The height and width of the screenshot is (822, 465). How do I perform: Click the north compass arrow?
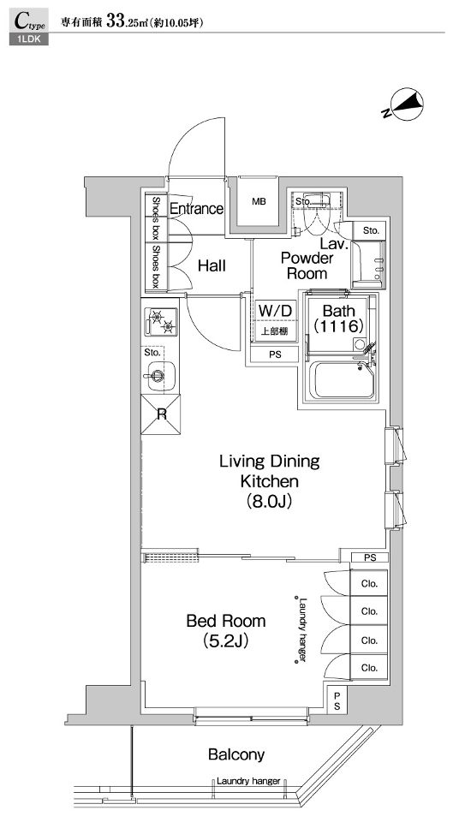402,104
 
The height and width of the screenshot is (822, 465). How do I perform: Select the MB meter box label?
259,202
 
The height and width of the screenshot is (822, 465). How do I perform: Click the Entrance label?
197,209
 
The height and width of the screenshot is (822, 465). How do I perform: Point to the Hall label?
212,265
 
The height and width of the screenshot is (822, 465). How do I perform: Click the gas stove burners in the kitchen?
162,322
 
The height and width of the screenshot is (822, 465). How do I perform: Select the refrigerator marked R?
161,414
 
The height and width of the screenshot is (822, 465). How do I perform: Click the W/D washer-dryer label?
275,310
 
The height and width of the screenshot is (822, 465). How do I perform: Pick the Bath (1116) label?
338,319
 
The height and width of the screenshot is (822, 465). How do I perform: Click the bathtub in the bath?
343,379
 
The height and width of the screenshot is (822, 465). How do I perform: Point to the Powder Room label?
307,265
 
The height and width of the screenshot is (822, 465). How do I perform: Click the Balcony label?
236,755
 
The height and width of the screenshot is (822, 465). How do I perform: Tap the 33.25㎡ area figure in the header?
129,22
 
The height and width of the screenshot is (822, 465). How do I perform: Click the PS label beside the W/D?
275,354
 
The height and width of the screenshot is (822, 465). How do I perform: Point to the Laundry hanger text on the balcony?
248,781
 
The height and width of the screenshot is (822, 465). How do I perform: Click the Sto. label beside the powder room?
370,230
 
